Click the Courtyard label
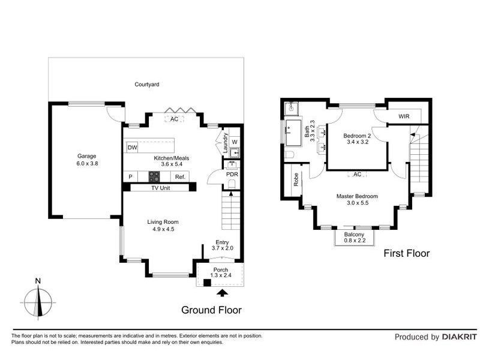[x=147, y=85]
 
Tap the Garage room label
[x=86, y=156]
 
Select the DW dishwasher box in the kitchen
[x=132, y=148]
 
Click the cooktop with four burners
[x=154, y=177]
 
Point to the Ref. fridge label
[x=181, y=177]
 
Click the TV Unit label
[x=160, y=188]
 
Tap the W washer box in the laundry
[x=235, y=142]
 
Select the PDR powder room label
[x=232, y=174]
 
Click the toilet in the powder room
[x=232, y=184]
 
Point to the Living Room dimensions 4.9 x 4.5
[x=163, y=229]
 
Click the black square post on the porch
[x=207, y=283]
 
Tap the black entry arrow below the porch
[x=222, y=293]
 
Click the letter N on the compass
[x=38, y=281]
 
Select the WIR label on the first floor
[x=404, y=116]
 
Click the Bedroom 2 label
[x=357, y=136]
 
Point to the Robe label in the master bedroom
[x=296, y=179]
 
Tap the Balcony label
[x=354, y=235]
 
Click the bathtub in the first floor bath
[x=293, y=133]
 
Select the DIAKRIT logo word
[x=460, y=337]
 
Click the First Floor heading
[x=407, y=253]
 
